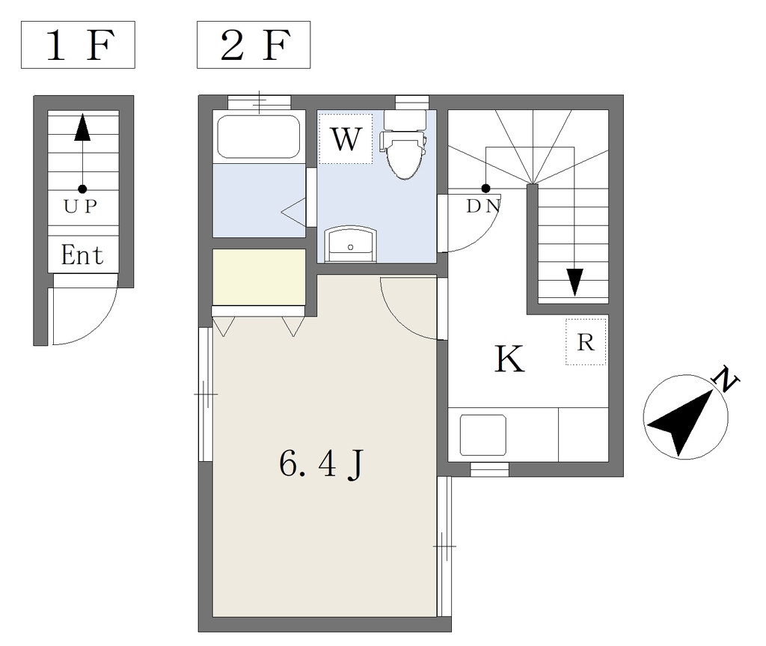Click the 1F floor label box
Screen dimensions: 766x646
click(78, 44)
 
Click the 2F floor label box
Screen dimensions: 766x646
click(254, 44)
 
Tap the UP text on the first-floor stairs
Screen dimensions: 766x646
click(81, 207)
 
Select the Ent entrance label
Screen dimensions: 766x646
click(82, 255)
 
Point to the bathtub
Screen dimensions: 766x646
click(258, 136)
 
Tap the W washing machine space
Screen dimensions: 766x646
click(346, 139)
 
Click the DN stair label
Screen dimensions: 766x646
click(483, 207)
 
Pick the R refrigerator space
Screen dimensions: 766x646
click(586, 342)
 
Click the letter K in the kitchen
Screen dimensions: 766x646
click(509, 359)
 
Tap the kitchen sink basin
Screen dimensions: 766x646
click(483, 435)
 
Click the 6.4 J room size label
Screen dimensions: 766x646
click(322, 463)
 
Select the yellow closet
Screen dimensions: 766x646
click(259, 277)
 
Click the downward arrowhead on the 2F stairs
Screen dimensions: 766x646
click(575, 283)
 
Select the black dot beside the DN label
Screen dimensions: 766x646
click(485, 189)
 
